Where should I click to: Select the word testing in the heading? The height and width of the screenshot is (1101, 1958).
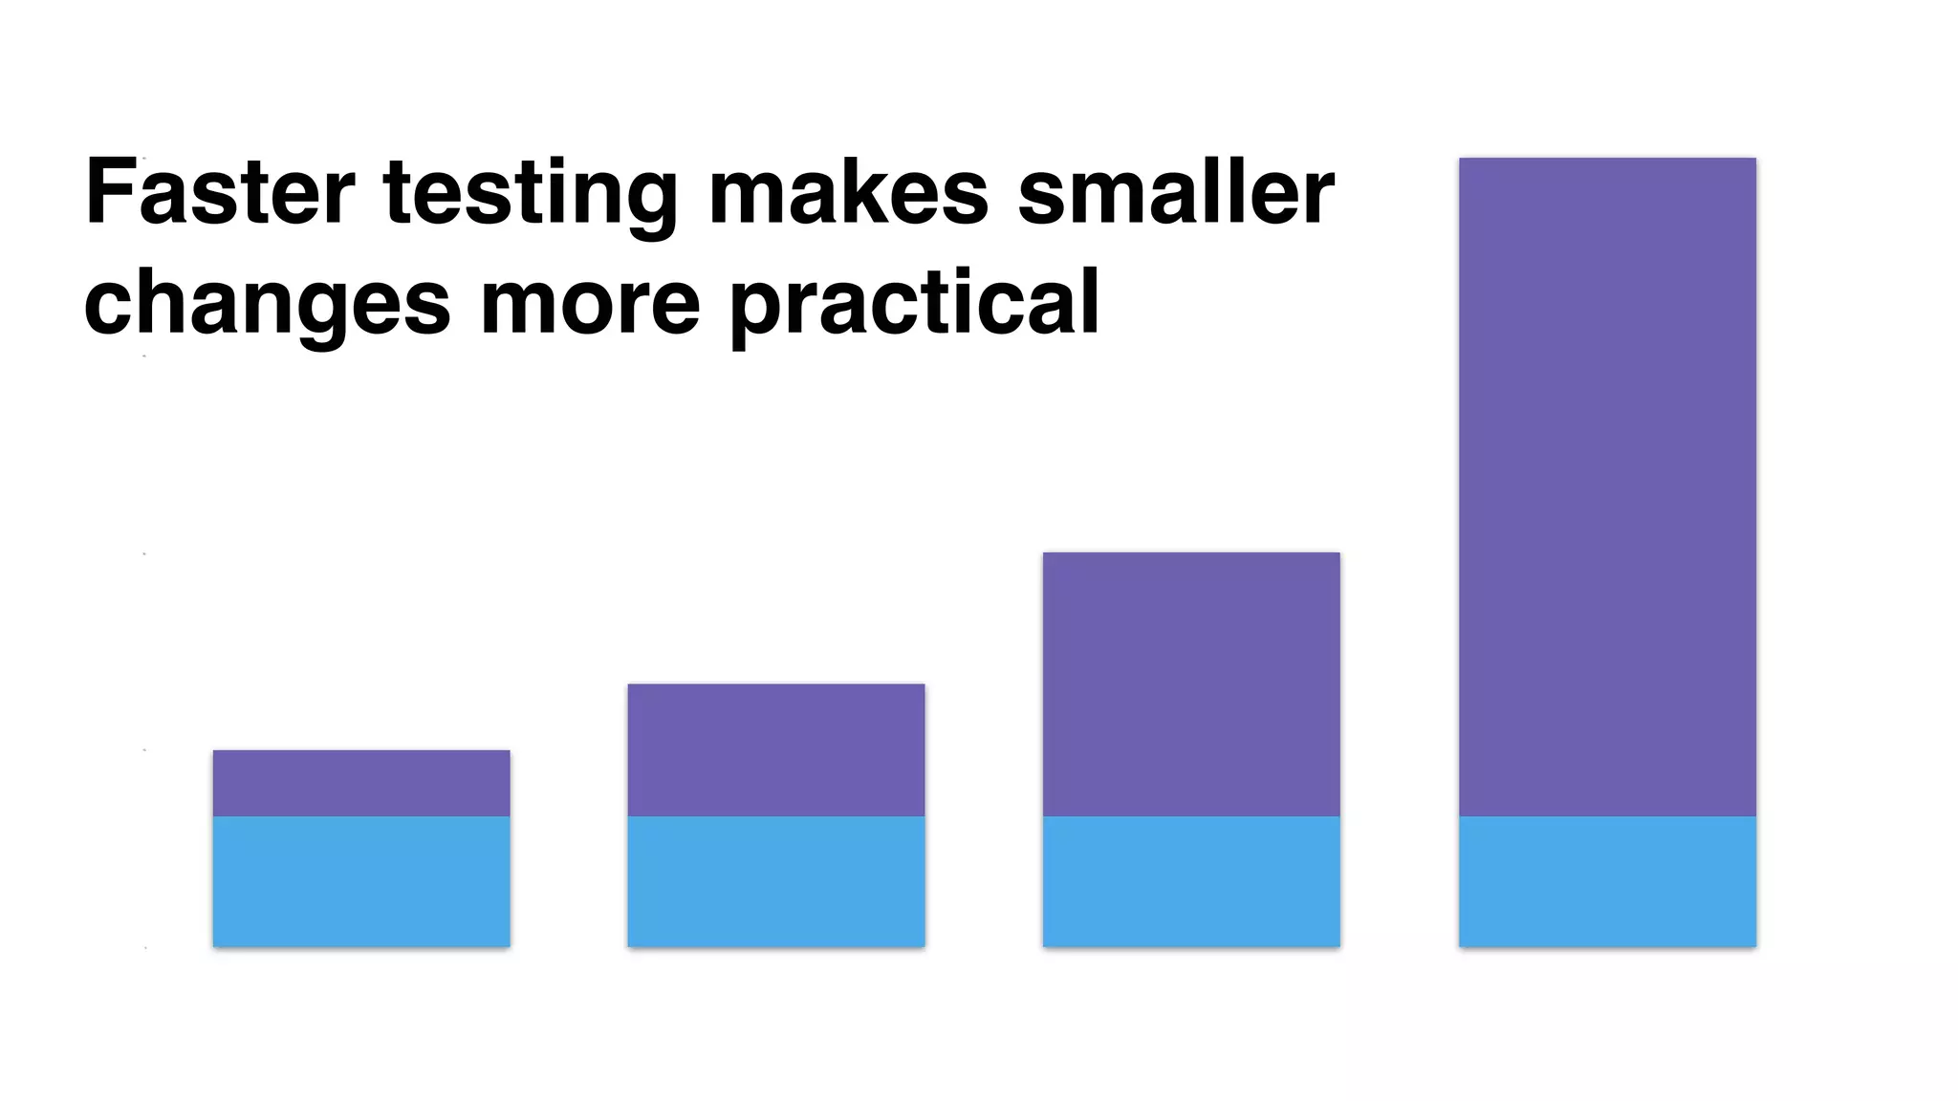pyautogui.click(x=531, y=196)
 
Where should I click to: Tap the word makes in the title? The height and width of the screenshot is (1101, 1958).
pyautogui.click(x=848, y=192)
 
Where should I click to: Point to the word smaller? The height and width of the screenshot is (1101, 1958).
pyautogui.click(x=1175, y=192)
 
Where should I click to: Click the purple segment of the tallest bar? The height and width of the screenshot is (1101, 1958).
pyautogui.click(x=1607, y=487)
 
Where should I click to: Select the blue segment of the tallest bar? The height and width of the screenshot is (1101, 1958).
pyautogui.click(x=1607, y=881)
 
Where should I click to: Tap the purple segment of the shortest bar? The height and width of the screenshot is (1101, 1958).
pyautogui.click(x=361, y=783)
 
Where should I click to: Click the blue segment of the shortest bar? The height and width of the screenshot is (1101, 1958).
pyautogui.click(x=361, y=881)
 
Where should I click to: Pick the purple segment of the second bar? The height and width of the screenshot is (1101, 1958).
pyautogui.click(x=776, y=750)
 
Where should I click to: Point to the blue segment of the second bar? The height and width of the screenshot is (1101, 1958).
pyautogui.click(x=776, y=881)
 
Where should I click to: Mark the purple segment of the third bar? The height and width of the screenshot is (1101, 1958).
pyautogui.click(x=1191, y=684)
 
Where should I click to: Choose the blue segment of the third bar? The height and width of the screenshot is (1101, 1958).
pyautogui.click(x=1191, y=881)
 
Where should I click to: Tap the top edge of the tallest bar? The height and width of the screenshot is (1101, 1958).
pyautogui.click(x=1607, y=159)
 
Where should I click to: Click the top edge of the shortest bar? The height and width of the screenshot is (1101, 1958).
pyautogui.click(x=361, y=751)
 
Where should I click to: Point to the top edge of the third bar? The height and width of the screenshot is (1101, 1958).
pyautogui.click(x=1191, y=553)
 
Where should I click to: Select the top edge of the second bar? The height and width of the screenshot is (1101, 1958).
pyautogui.click(x=776, y=684)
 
